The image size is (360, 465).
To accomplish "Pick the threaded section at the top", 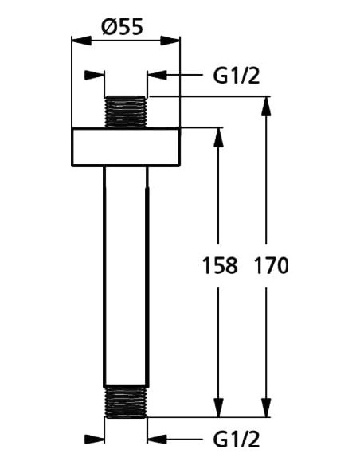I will click(126, 111).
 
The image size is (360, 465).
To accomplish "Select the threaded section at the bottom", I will click(126, 401).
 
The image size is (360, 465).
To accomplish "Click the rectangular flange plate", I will click(126, 147).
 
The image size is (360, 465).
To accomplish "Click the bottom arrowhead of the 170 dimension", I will click(266, 408).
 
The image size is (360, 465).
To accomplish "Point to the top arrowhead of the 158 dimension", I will click(217, 136).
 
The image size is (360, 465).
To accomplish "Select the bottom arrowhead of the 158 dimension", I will click(217, 408).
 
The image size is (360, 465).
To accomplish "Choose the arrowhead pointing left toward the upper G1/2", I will click(156, 76).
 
